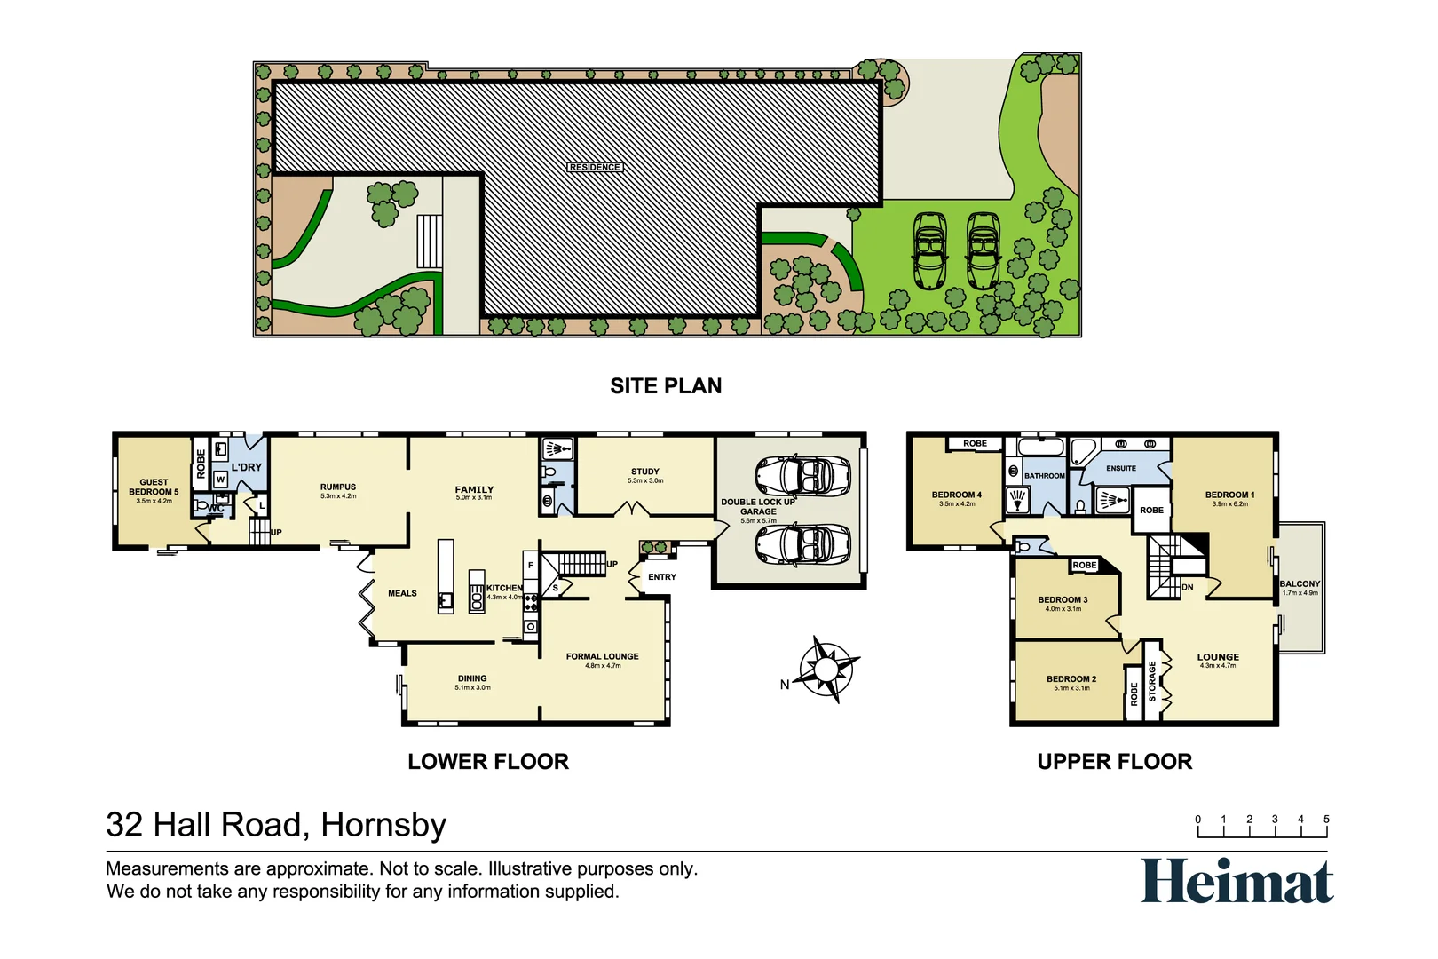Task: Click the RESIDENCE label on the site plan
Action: point(595,167)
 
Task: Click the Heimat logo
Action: point(1237,881)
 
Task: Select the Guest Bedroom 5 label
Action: point(154,487)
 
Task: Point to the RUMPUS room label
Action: point(338,487)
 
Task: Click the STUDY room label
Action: point(645,472)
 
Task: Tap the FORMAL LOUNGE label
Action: point(603,657)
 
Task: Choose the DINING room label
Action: point(472,678)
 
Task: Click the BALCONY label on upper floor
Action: point(1300,584)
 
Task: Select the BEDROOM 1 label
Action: point(1229,495)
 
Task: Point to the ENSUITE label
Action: point(1121,468)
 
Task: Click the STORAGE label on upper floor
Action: point(1152,681)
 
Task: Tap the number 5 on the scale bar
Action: point(1326,820)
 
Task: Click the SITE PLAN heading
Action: point(666,386)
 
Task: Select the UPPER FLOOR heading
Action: point(1115,762)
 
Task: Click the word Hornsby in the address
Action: point(383,825)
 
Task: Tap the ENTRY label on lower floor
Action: point(662,577)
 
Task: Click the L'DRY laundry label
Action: point(247,467)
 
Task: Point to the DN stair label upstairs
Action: point(1188,587)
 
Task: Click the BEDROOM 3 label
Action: point(1063,600)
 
